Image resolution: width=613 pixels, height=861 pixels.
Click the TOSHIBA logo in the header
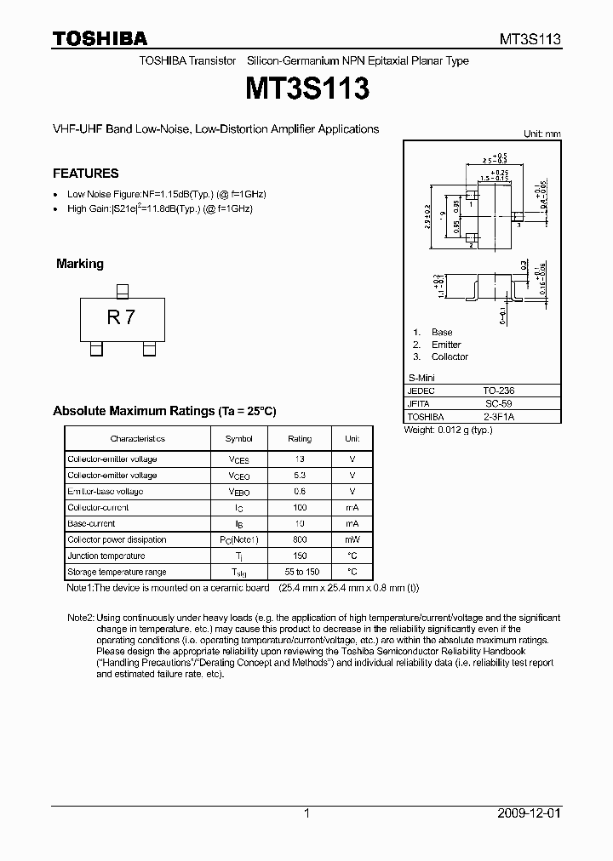pyautogui.click(x=100, y=38)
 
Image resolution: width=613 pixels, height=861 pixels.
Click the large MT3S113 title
pyautogui.click(x=306, y=88)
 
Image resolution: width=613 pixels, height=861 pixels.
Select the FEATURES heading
pyautogui.click(x=85, y=174)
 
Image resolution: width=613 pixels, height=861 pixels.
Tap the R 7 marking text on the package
pyautogui.click(x=121, y=318)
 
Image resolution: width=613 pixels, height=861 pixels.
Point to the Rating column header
pyautogui.click(x=300, y=439)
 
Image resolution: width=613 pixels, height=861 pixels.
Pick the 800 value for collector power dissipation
pyautogui.click(x=300, y=540)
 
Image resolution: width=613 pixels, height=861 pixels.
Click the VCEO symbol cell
pyautogui.click(x=238, y=476)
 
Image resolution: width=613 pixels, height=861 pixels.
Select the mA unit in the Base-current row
pyautogui.click(x=352, y=524)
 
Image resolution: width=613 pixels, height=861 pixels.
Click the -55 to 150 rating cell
pyautogui.click(x=300, y=573)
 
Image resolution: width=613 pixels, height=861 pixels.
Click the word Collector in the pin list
pyautogui.click(x=450, y=357)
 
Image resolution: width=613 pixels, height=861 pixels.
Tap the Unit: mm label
pyautogui.click(x=541, y=134)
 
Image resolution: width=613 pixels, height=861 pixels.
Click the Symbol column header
pyautogui.click(x=238, y=439)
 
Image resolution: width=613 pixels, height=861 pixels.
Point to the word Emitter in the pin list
pyautogui.click(x=446, y=345)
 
